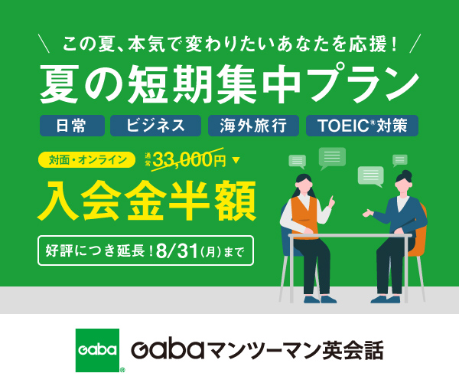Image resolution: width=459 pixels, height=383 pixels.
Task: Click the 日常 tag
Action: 72,126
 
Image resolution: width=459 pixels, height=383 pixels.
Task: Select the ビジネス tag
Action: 155,126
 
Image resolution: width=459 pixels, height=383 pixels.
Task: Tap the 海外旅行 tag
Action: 253,126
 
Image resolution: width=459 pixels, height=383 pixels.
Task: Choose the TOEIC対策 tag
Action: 362,126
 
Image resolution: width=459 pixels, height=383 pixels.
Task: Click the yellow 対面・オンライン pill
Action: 87,160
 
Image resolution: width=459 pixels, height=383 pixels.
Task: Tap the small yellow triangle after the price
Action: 236,160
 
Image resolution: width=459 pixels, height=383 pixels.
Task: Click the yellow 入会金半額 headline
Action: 147,201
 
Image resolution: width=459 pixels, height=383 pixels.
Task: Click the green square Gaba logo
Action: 97,350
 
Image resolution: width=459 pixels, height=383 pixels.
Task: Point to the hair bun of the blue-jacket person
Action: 406,175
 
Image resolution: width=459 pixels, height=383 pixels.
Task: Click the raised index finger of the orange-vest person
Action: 332,199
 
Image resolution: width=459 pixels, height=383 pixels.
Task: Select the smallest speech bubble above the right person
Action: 400,160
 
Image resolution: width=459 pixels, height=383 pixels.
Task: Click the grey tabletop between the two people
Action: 350,235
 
